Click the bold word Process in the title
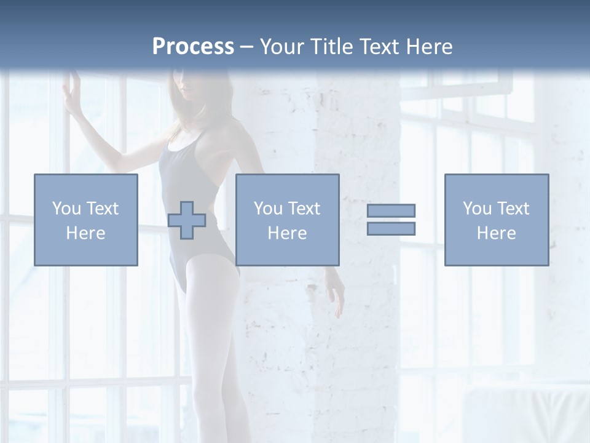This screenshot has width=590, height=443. pos(193,47)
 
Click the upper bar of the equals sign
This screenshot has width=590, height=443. pos(391,210)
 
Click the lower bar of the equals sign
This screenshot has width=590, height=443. pos(391,229)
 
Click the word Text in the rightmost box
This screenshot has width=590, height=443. pos(513,209)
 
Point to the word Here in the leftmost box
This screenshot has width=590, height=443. pos(86,233)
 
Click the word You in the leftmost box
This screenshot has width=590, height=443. pos(66,209)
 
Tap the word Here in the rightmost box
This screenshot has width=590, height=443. pos(497,233)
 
